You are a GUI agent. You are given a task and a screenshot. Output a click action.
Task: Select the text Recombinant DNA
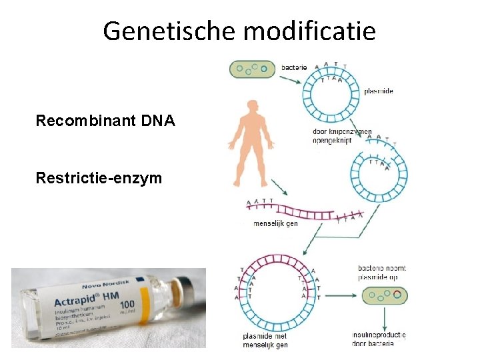(105, 121)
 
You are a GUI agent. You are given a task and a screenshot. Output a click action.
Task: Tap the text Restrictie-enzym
(99, 178)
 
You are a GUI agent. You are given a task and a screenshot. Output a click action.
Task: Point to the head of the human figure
(251, 106)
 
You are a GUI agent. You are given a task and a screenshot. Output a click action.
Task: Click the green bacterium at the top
(252, 69)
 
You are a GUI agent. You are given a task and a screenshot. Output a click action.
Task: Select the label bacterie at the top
(294, 67)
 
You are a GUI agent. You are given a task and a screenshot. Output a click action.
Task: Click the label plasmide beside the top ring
(379, 91)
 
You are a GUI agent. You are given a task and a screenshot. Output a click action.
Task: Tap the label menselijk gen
(276, 223)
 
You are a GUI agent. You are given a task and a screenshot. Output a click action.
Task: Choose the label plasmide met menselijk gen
(265, 340)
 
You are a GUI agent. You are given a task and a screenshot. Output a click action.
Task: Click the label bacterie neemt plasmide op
(382, 273)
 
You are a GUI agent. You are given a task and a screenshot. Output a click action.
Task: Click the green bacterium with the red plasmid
(385, 296)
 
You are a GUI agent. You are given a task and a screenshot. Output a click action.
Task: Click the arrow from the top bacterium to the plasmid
(292, 79)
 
